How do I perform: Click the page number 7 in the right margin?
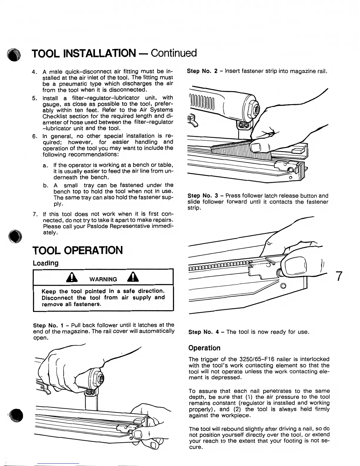(339, 276)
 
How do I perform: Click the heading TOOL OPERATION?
(77, 250)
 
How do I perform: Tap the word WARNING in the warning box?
(103, 279)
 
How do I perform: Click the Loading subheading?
(46, 263)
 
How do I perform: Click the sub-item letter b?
(45, 186)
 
